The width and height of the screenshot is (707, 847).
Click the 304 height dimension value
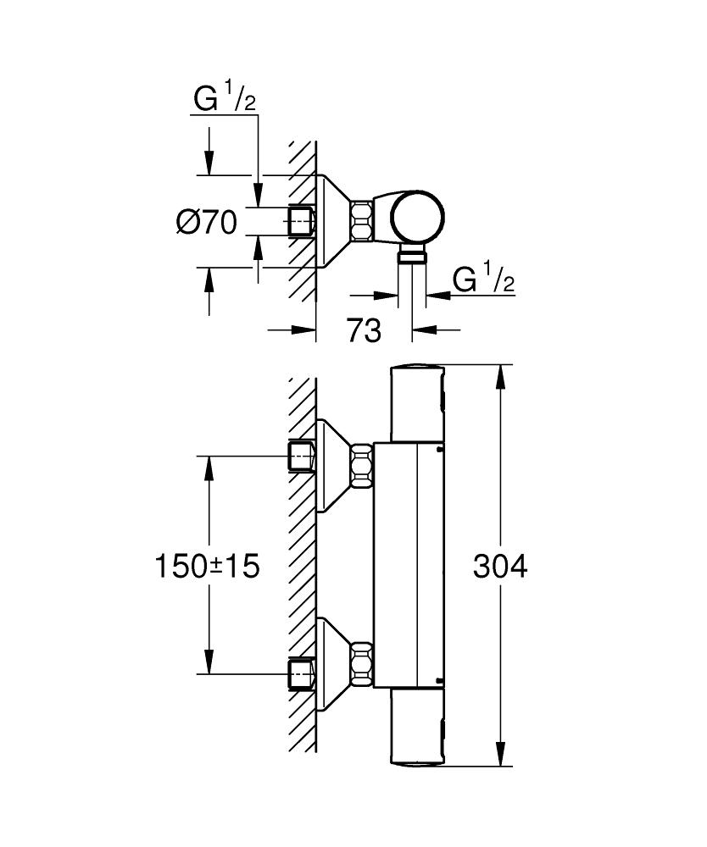pos(500,566)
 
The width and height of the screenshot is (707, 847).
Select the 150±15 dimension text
pos(207,566)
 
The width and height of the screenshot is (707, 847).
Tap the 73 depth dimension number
pos(364,331)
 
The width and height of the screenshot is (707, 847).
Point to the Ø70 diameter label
pos(206,223)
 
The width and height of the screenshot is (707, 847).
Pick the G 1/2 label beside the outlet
pos(484,279)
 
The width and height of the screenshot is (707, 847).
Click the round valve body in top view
pos(416,217)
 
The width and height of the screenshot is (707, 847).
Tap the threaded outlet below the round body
pos(412,257)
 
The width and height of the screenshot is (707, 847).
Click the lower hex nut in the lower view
pos(362,663)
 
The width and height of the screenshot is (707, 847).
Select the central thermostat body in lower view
pos(409,565)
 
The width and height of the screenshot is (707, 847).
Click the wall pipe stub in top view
pos(301,222)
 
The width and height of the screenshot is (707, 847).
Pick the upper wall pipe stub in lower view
pos(301,456)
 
